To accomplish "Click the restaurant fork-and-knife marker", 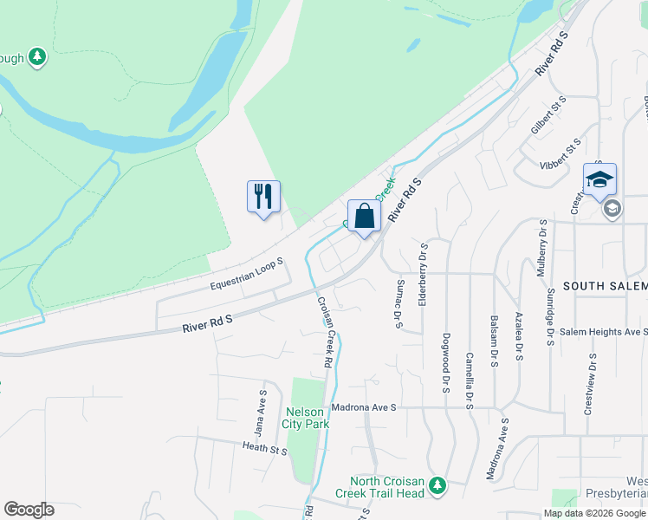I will [263, 197].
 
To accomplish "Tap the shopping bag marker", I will [364, 216].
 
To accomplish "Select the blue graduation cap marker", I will [599, 180].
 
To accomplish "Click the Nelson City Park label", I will [305, 418].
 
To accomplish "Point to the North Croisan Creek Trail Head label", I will [387, 487].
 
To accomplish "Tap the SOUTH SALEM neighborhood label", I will [605, 286].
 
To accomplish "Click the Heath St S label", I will [264, 448].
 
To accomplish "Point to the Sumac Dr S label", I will [399, 304].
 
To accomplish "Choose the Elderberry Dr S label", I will [424, 274].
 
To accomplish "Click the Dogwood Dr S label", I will [446, 362].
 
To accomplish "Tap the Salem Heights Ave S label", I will [603, 332].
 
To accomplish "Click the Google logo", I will [29, 510].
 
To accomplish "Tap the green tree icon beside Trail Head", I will [438, 482].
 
